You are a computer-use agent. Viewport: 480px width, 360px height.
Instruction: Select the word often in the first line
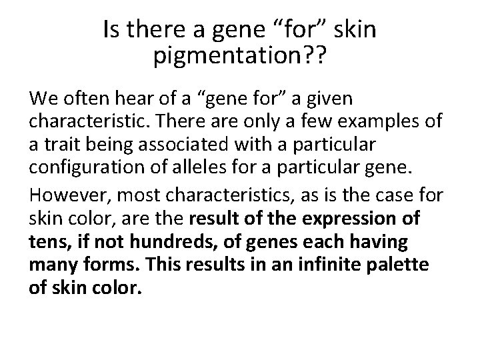pyautogui.click(x=79, y=99)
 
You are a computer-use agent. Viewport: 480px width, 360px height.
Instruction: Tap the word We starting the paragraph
pyautogui.click(x=42, y=99)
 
